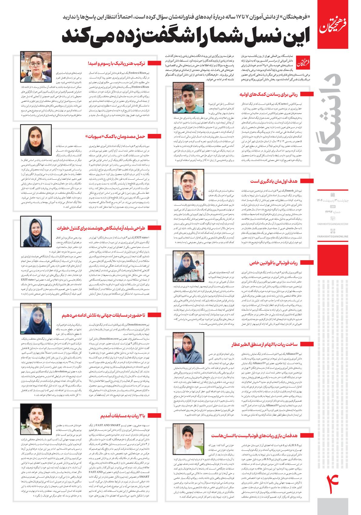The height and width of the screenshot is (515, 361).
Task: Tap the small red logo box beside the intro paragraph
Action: (304, 62)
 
